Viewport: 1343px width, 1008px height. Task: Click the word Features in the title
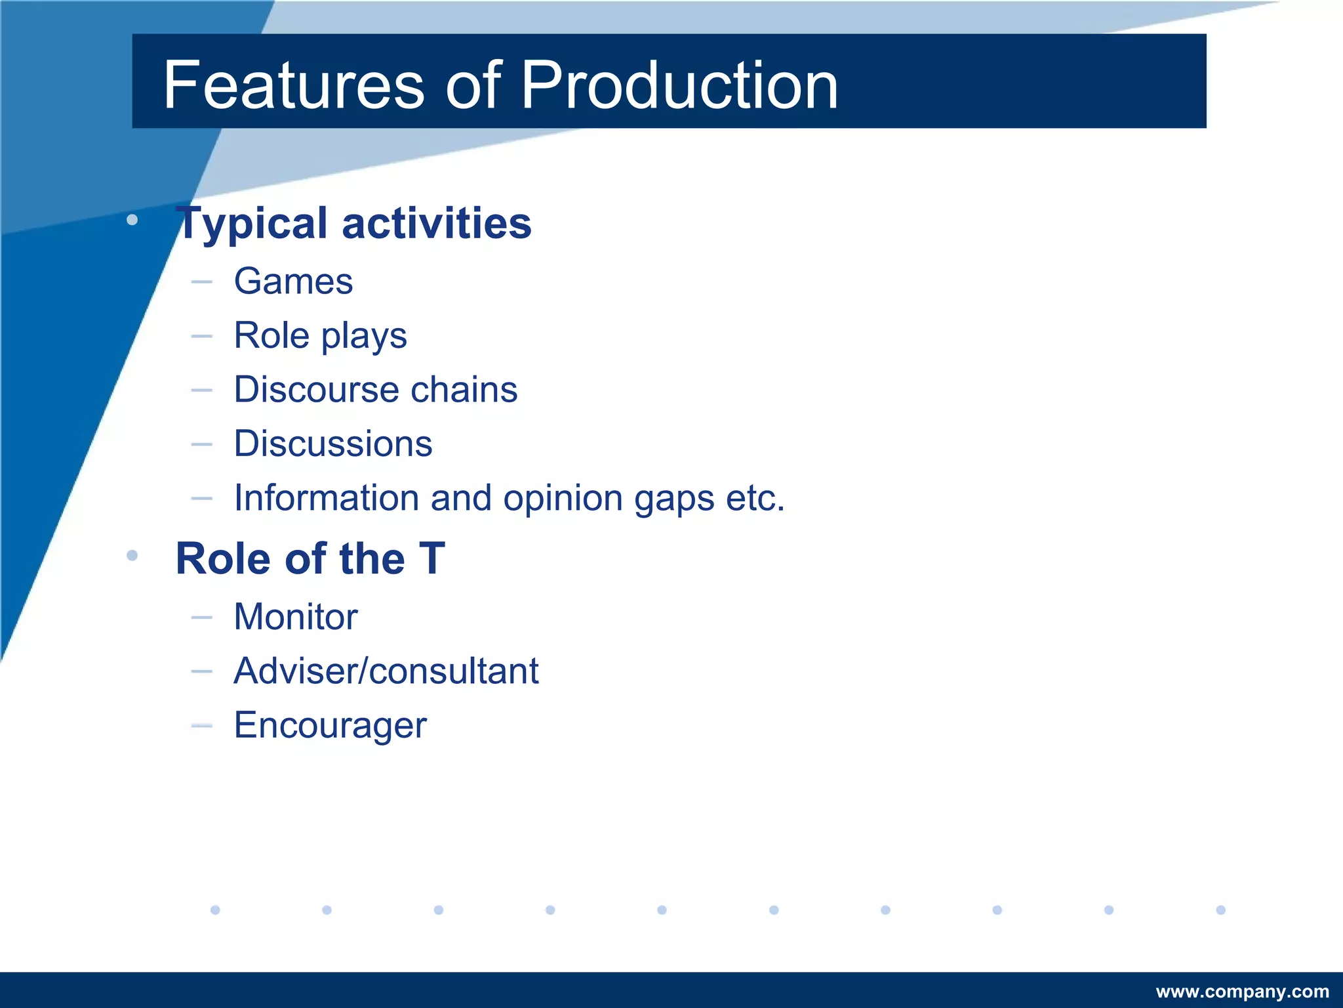pyautogui.click(x=294, y=85)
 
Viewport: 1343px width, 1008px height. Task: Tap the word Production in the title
pyautogui.click(x=679, y=85)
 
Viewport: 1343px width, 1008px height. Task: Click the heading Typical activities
pyautogui.click(x=354, y=224)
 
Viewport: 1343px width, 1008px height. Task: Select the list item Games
pyautogui.click(x=293, y=282)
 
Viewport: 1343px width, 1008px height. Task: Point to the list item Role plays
pyautogui.click(x=320, y=336)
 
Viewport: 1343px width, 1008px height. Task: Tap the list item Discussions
pyautogui.click(x=333, y=444)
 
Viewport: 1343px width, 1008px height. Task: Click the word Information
pyautogui.click(x=326, y=498)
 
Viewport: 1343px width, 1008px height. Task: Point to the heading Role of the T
pyautogui.click(x=310, y=559)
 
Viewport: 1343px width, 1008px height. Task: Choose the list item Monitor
pyautogui.click(x=296, y=618)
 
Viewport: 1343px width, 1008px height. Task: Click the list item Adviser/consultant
pyautogui.click(x=386, y=671)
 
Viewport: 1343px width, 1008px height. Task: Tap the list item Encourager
pyautogui.click(x=330, y=726)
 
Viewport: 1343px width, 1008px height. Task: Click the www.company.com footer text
pyautogui.click(x=1242, y=992)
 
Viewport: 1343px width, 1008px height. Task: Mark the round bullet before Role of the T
pyautogui.click(x=132, y=556)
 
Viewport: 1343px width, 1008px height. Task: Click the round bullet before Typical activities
pyautogui.click(x=132, y=220)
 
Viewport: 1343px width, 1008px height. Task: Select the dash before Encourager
pyautogui.click(x=202, y=725)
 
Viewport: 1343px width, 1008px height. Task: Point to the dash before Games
pyautogui.click(x=202, y=282)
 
